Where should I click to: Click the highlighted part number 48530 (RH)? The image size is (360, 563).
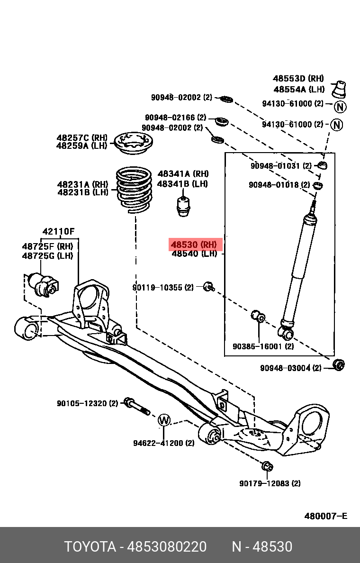194,245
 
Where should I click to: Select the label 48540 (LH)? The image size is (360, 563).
194,254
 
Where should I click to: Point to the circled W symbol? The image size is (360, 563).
163,420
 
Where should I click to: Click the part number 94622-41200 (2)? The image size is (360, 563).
163,444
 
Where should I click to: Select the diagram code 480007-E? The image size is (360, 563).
325,516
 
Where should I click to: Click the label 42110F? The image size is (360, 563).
58,232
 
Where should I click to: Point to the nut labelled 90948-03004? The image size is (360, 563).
339,365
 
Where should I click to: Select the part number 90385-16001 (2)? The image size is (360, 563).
263,346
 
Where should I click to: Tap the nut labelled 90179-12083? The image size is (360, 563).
267,466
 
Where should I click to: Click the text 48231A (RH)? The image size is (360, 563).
82,184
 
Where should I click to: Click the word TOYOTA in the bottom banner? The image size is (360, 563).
90,547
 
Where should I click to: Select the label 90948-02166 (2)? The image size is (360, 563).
175,117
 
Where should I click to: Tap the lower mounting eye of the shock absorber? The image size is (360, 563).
287,333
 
